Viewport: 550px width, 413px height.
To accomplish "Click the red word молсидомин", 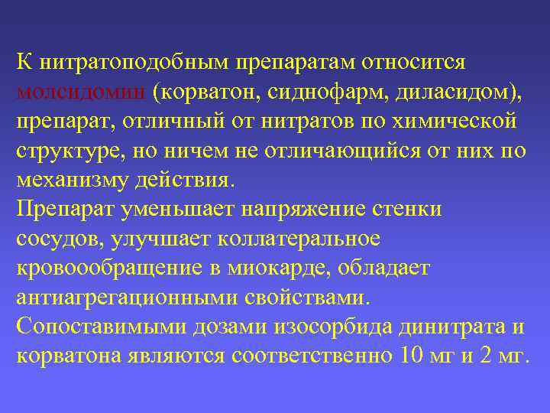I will [80, 93].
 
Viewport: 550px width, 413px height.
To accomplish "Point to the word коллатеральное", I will [299, 240].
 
